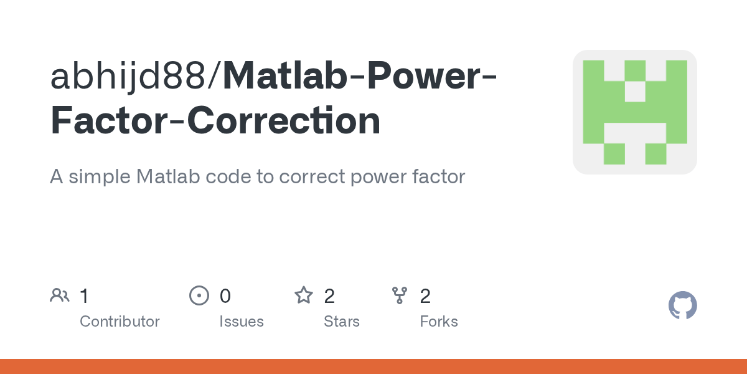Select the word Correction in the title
(284, 121)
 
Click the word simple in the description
(99, 177)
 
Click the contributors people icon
(60, 295)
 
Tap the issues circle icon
(199, 295)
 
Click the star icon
(304, 295)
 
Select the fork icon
(400, 295)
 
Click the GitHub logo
(682, 305)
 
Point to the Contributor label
(120, 322)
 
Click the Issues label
(242, 322)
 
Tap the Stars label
(342, 322)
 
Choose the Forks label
(439, 322)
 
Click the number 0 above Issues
(225, 295)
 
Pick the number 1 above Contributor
(85, 295)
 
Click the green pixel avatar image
(634, 112)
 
